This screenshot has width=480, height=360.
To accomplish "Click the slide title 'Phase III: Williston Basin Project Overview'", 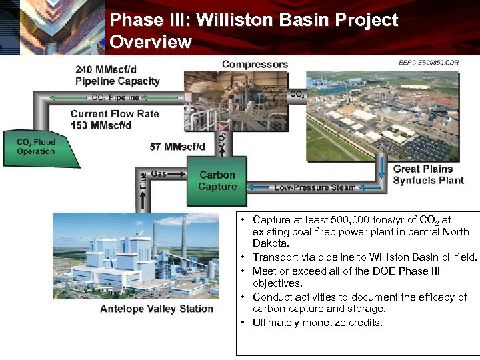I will click(x=253, y=31).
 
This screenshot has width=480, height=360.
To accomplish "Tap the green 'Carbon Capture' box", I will click(x=217, y=181).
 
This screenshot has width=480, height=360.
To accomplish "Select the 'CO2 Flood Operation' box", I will click(x=37, y=147).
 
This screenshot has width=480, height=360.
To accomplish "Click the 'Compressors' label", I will click(x=255, y=65).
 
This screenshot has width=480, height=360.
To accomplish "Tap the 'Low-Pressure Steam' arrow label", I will click(x=315, y=187).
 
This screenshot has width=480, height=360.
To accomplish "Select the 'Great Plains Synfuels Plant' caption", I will click(x=428, y=175).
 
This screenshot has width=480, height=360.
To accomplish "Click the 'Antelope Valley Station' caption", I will click(x=157, y=309).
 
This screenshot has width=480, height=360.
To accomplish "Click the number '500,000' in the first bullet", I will click(x=349, y=220).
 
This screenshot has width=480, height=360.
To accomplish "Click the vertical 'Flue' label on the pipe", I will click(x=143, y=179).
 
